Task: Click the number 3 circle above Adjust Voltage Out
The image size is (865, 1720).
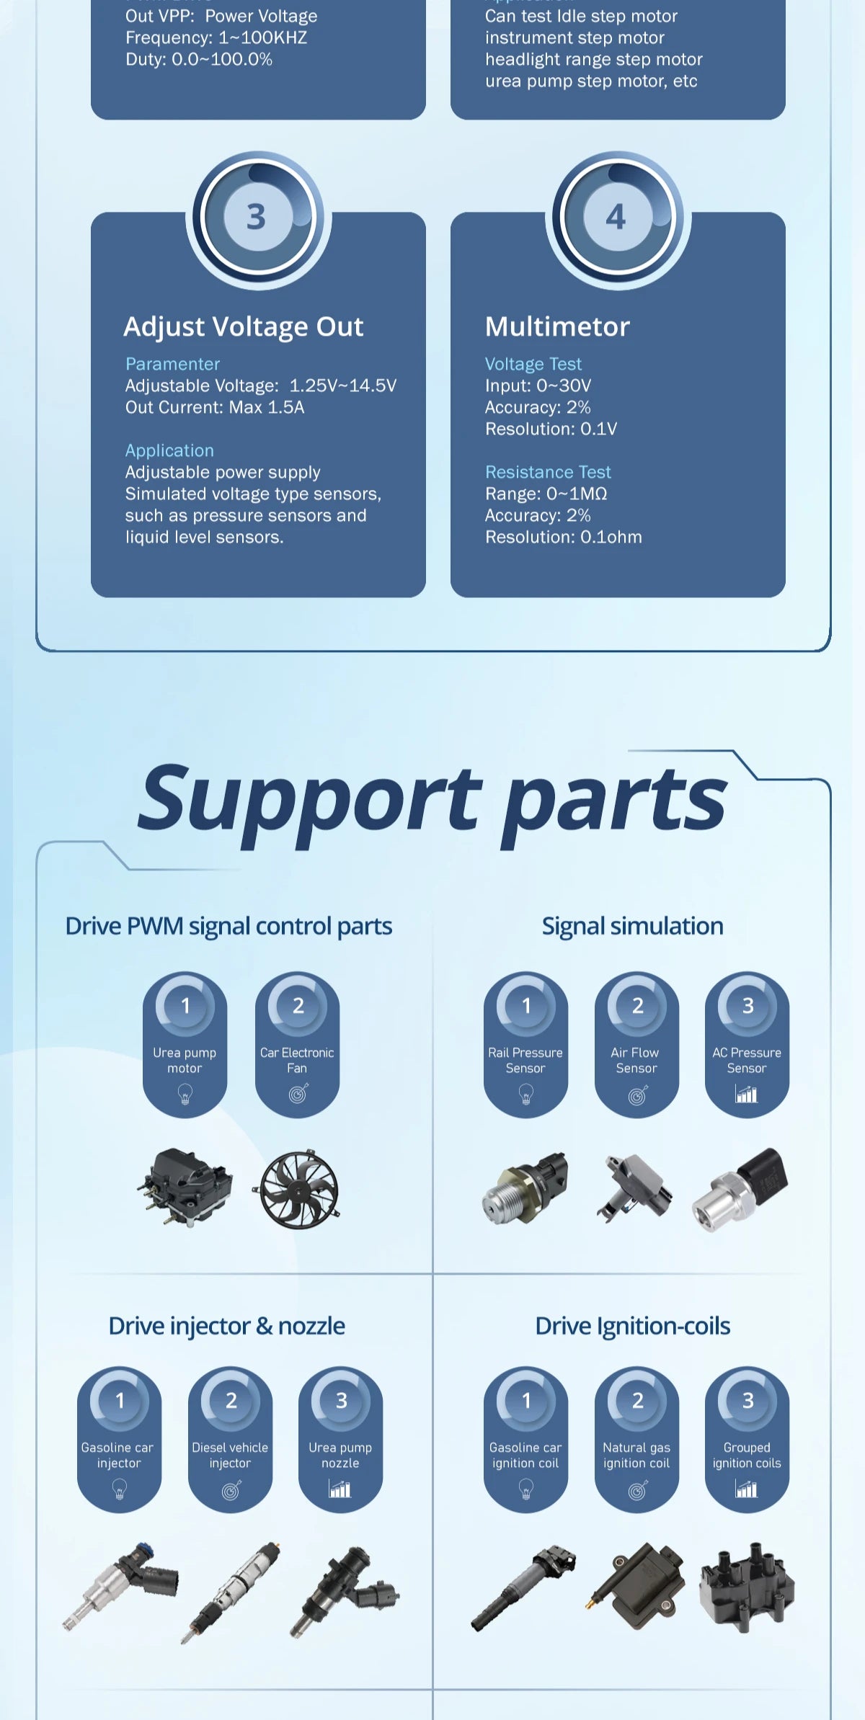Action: (257, 217)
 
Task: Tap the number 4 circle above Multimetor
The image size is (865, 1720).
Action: (617, 217)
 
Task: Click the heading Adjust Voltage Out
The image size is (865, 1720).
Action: (244, 326)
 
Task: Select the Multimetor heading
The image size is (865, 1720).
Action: (557, 326)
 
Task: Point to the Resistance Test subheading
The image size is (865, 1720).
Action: (548, 472)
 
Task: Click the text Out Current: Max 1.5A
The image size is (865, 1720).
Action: (215, 407)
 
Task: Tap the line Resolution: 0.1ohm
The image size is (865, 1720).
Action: (563, 537)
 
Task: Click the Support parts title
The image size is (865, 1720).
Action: (432, 800)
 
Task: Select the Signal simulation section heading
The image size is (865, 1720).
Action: (632, 926)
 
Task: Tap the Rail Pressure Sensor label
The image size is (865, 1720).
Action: (525, 1060)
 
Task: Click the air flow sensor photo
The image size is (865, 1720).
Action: (634, 1185)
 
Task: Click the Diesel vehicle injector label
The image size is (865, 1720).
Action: (230, 1455)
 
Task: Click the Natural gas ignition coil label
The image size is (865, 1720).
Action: (636, 1455)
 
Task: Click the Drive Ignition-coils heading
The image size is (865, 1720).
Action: (632, 1326)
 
